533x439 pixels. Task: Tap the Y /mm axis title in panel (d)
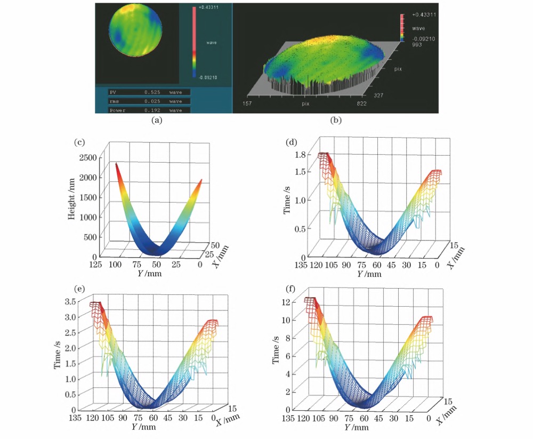click(x=369, y=274)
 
